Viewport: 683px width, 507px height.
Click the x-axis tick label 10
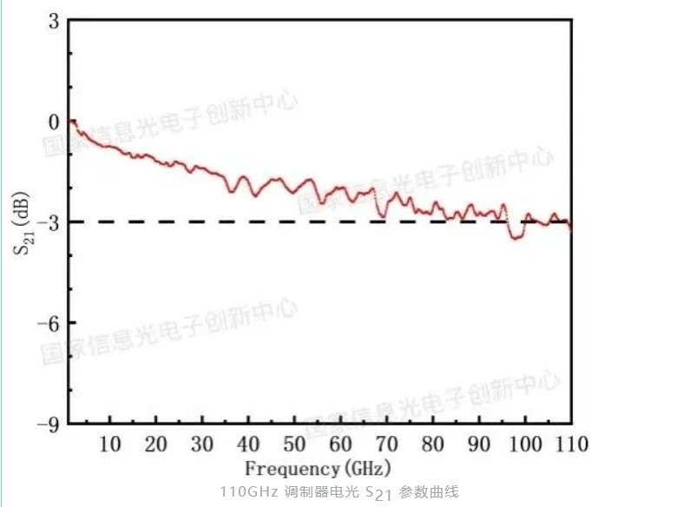(110, 444)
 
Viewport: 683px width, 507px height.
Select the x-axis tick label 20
(156, 444)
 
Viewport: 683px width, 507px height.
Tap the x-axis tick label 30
(202, 444)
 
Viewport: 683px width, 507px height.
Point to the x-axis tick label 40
(248, 444)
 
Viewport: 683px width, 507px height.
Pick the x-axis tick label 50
(294, 444)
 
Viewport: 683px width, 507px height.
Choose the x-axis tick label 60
(340, 444)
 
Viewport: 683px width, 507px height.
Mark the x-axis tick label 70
(386, 444)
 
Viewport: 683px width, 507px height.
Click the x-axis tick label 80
(432, 444)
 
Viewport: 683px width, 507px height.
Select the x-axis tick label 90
(478, 444)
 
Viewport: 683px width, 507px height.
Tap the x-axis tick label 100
(523, 444)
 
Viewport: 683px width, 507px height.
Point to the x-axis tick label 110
(569, 444)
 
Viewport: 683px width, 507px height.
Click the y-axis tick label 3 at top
(53, 20)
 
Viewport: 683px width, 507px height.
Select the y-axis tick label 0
(53, 121)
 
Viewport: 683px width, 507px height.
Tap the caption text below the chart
(338, 492)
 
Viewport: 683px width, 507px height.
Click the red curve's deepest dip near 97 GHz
(517, 237)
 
